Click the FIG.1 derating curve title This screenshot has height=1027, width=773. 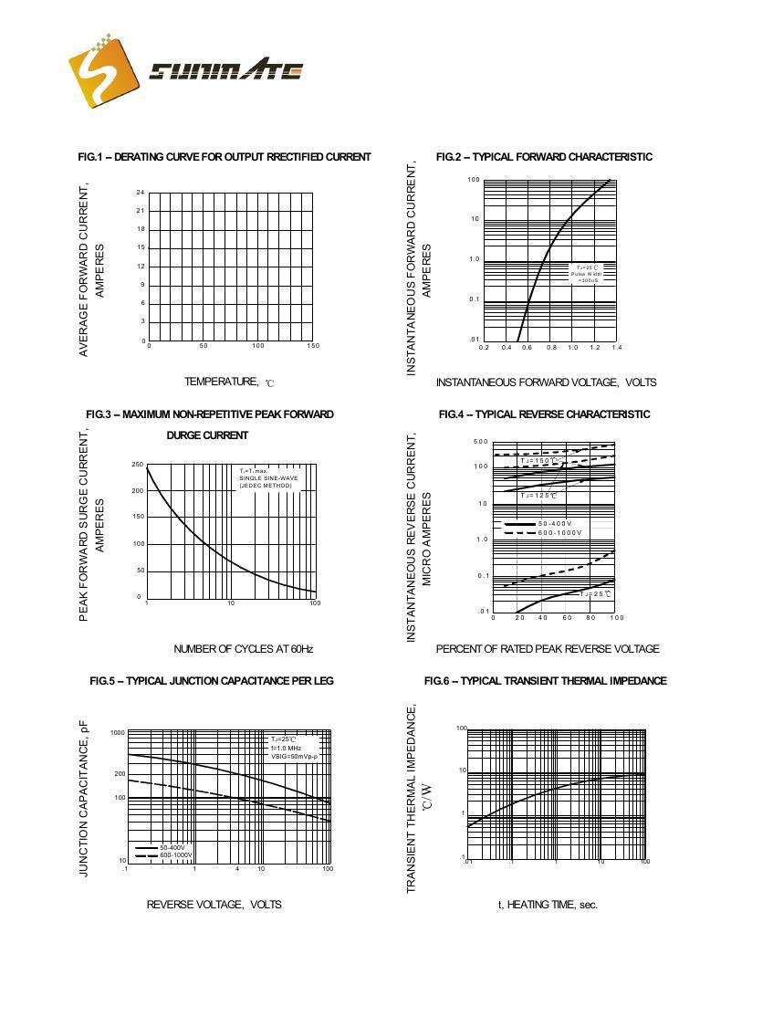click(225, 157)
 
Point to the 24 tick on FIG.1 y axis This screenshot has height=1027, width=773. click(141, 193)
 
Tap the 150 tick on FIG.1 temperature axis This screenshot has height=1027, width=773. click(313, 346)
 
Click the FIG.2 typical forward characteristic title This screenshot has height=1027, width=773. click(544, 157)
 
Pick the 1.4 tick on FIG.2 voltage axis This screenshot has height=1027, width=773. click(616, 348)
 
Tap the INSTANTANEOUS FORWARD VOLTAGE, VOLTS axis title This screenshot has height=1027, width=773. click(546, 383)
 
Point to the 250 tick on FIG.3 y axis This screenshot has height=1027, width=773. click(137, 465)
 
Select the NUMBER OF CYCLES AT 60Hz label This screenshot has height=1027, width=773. click(243, 649)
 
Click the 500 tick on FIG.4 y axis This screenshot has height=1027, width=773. click(480, 442)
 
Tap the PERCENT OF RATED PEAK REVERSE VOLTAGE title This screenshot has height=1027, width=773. click(547, 649)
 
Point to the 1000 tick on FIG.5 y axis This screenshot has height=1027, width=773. click(118, 733)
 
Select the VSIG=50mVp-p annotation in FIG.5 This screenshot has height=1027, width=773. click(293, 757)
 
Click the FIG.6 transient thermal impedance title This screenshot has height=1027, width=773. click(545, 681)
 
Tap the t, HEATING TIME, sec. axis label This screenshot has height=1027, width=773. click(548, 905)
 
